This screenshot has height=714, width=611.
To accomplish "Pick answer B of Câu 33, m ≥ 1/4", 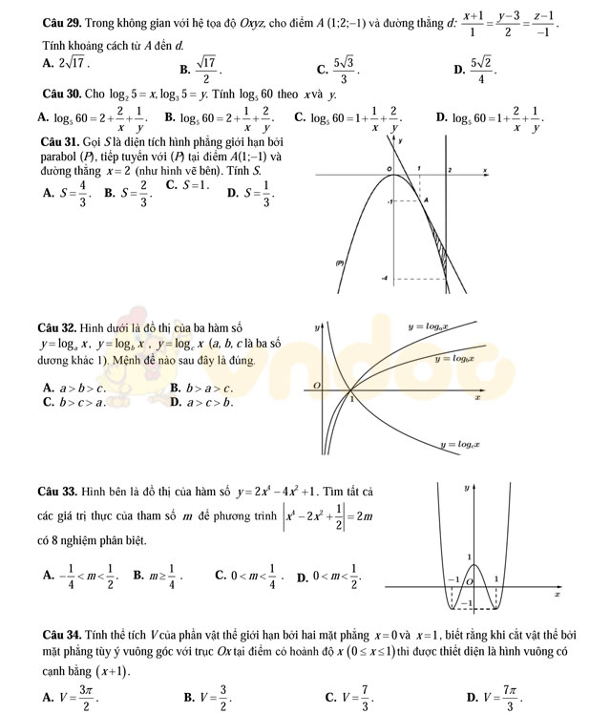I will [158, 574].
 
